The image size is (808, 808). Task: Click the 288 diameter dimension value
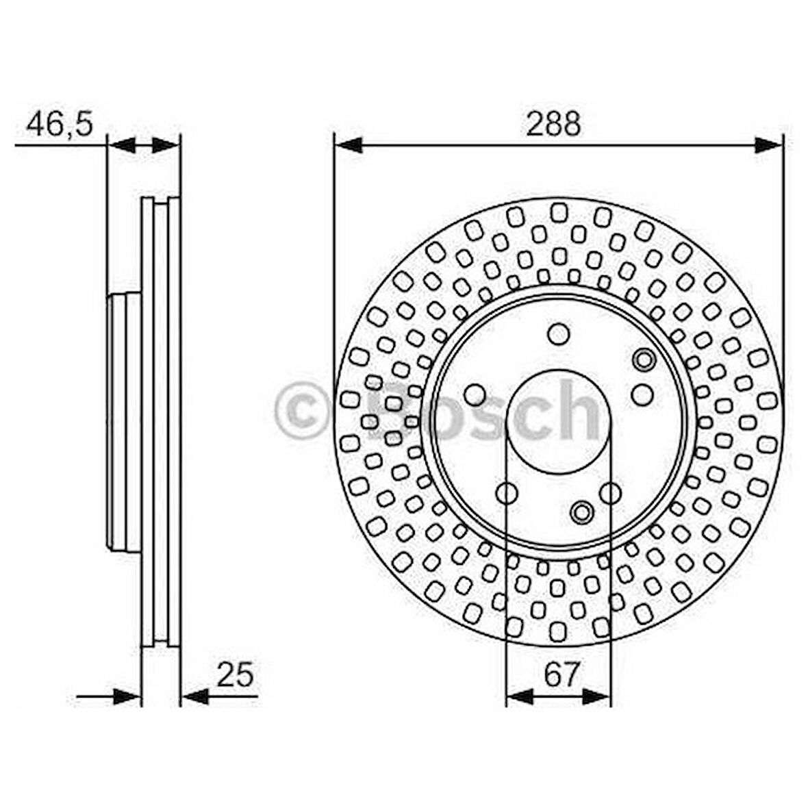[x=553, y=123]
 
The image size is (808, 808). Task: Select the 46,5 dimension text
[x=60, y=124]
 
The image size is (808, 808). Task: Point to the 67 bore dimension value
[x=562, y=674]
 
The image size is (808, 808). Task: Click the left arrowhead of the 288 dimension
[x=349, y=145]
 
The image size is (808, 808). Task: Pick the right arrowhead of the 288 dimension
[x=769, y=145]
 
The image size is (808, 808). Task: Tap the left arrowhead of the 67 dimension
[x=520, y=696]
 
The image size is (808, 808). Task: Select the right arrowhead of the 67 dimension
[x=596, y=696]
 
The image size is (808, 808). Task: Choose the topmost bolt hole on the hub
[x=558, y=334]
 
